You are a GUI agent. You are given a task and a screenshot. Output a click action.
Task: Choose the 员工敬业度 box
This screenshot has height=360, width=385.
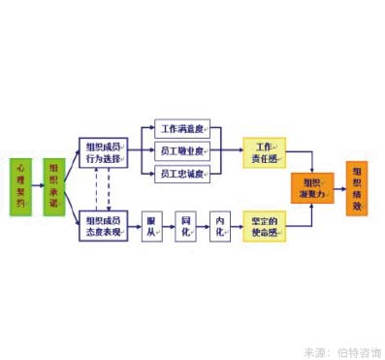[182, 151]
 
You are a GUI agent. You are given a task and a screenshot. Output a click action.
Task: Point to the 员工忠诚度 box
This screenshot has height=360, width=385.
[182, 174]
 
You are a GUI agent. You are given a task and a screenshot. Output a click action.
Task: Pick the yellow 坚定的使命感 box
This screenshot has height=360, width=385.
[265, 225]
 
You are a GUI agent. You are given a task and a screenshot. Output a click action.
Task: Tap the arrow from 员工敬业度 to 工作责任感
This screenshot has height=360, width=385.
[227, 151]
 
